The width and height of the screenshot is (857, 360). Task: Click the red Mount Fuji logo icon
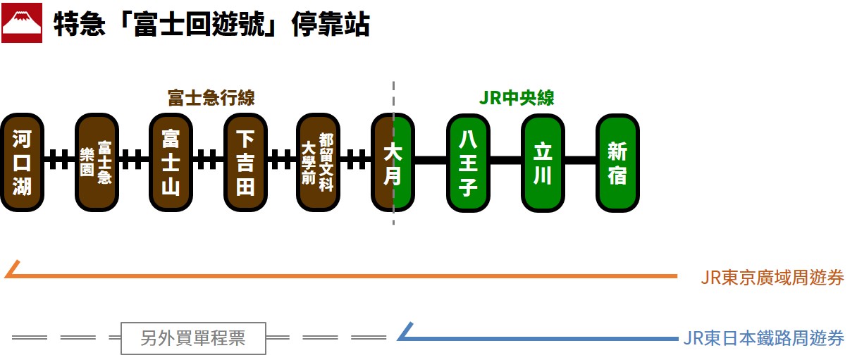[22, 24]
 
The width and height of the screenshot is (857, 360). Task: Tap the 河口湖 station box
[23, 162]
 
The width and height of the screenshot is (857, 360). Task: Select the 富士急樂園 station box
[97, 162]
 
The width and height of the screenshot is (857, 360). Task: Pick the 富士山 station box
[171, 162]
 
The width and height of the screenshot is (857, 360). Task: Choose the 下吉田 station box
[245, 162]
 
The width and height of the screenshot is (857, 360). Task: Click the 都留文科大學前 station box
[319, 162]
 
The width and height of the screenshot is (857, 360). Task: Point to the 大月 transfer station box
[393, 162]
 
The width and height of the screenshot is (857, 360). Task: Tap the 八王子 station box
[468, 162]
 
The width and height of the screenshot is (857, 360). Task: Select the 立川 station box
[543, 162]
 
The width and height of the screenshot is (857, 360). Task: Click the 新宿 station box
[617, 162]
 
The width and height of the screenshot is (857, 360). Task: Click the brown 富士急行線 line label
[211, 97]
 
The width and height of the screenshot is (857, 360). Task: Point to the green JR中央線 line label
[517, 97]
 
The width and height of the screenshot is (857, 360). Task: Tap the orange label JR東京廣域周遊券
[772, 277]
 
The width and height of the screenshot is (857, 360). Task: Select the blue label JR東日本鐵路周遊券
[763, 338]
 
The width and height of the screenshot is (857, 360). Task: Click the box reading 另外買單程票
[193, 338]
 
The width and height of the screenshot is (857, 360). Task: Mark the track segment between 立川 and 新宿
[580, 160]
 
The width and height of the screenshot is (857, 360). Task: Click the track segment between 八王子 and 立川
[505, 160]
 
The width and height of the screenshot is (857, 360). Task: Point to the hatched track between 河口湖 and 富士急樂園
[60, 160]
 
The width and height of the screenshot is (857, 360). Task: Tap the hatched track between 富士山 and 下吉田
[208, 160]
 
